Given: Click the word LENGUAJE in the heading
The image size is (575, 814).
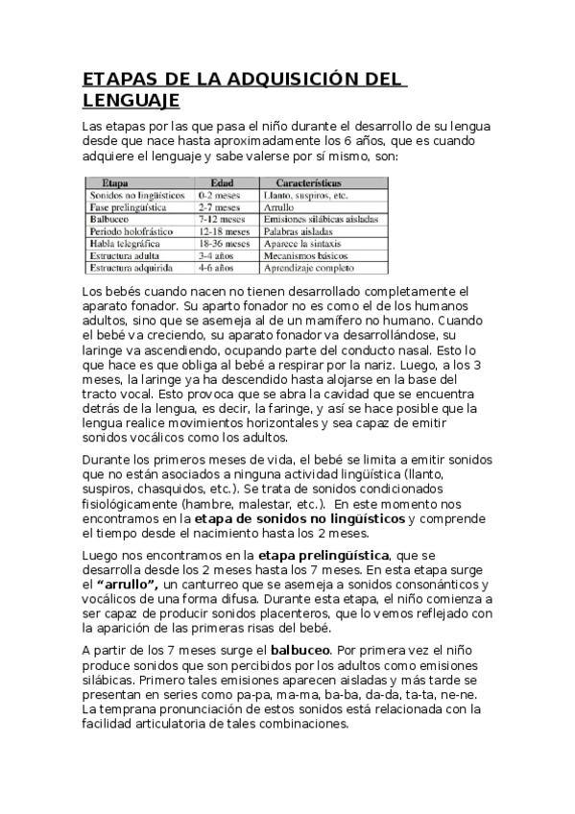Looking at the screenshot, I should (x=131, y=100).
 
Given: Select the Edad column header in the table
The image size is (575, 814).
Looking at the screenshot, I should (x=222, y=180).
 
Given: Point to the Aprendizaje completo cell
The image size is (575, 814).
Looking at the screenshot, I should (x=311, y=269).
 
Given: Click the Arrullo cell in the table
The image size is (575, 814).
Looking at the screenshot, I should (x=279, y=206).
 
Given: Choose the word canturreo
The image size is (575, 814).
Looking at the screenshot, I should (x=217, y=585).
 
